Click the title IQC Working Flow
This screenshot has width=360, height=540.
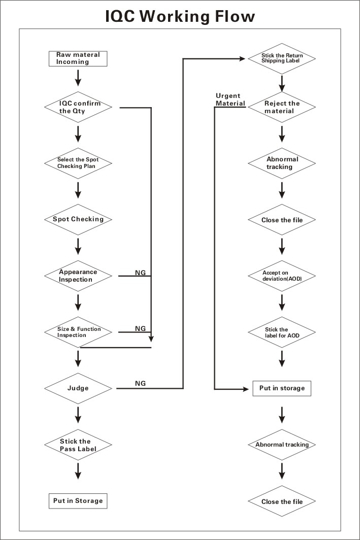180,16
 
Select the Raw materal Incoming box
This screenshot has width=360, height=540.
78,58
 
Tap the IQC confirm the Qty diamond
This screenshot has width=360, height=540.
78,107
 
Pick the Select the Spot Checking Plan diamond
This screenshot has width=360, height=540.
78,163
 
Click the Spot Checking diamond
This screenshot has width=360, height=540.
78,219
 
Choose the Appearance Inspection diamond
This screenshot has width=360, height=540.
78,276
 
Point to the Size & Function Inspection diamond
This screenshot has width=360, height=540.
78,332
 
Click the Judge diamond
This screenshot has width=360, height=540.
78,388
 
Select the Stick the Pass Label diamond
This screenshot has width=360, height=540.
78,445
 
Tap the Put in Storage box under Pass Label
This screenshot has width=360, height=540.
78,501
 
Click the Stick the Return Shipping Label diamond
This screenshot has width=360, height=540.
282,58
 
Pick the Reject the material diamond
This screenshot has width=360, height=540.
282,107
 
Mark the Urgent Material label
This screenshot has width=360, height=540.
231,99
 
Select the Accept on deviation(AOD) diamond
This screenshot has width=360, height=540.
282,276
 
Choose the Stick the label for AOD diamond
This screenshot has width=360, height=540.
282,332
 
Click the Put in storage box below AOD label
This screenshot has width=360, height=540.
282,388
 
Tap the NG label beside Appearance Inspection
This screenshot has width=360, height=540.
140,273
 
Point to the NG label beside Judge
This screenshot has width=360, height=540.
140,383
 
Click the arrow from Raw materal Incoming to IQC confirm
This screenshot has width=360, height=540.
78,78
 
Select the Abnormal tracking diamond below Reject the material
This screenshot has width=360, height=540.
282,163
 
